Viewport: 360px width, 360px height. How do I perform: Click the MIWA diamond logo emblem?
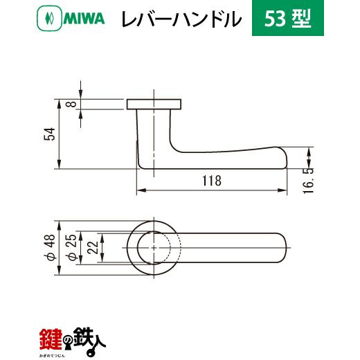tap(49, 19)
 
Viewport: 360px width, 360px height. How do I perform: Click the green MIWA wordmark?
tap(84, 19)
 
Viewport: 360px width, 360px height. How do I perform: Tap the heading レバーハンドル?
tap(181, 19)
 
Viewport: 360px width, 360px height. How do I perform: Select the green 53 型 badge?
tap(288, 18)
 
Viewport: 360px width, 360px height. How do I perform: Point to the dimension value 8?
tap(71, 104)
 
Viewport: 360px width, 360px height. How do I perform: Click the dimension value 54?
tap(50, 134)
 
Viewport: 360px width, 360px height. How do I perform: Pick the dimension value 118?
tap(212, 181)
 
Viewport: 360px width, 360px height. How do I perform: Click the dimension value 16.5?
tap(308, 181)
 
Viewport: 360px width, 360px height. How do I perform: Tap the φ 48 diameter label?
tap(50, 248)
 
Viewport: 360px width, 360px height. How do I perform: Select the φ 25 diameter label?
tap(71, 248)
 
